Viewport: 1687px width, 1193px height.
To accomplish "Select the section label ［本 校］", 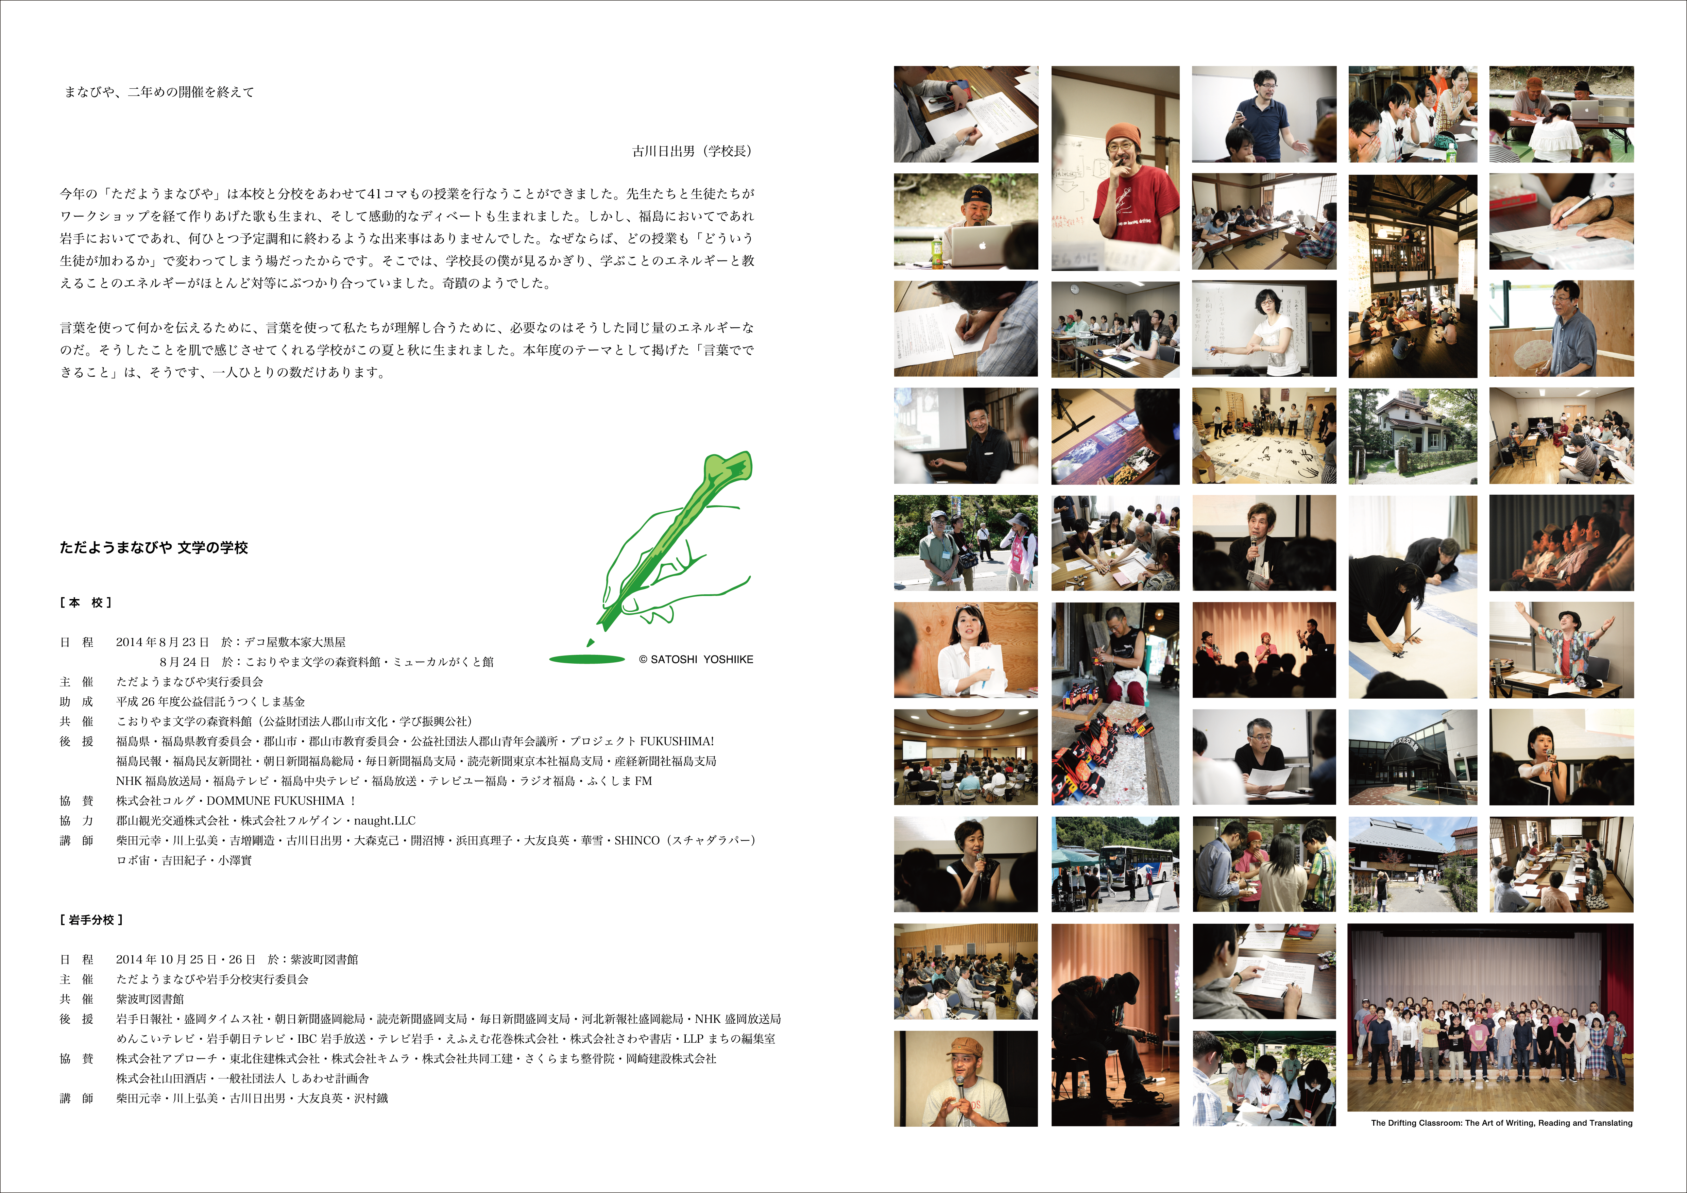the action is pyautogui.click(x=85, y=602).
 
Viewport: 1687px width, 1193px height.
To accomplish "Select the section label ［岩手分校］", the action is pyautogui.click(x=91, y=920).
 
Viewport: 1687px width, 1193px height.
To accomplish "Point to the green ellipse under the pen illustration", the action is pyautogui.click(x=587, y=659).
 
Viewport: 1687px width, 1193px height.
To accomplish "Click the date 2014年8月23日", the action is pyautogui.click(x=163, y=642).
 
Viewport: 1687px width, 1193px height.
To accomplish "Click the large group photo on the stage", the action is pyautogui.click(x=1490, y=1018).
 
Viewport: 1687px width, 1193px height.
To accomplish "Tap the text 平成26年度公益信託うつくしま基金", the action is pyautogui.click(x=210, y=701).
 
